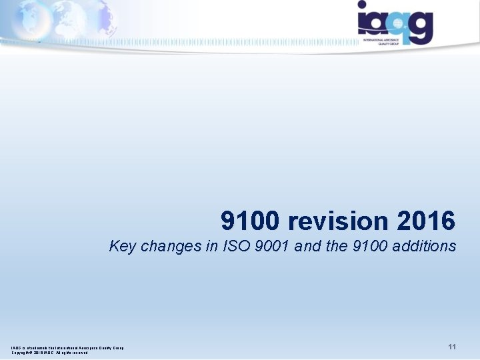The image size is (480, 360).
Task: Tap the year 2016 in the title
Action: pyautogui.click(x=426, y=221)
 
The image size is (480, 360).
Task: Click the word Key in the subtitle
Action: pyautogui.click(x=122, y=247)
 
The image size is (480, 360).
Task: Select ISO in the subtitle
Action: pyautogui.click(x=231, y=247)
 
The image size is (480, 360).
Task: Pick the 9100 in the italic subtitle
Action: pyautogui.click(x=368, y=247)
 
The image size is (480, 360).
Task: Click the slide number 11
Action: pyautogui.click(x=452, y=347)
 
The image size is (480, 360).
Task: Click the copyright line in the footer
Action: pyautogui.click(x=49, y=353)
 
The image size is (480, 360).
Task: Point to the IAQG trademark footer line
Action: pyautogui.click(x=67, y=347)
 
